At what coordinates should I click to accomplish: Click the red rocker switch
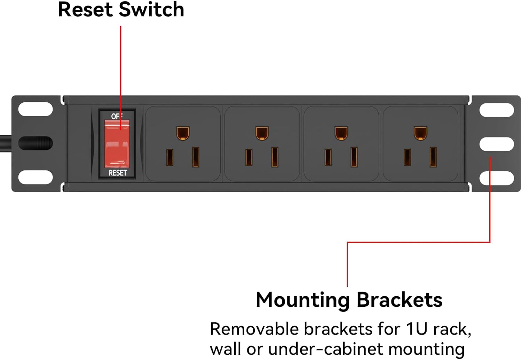[117, 143]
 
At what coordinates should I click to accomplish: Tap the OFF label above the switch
[117, 116]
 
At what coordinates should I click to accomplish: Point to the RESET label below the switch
[118, 173]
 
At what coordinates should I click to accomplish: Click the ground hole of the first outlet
[183, 133]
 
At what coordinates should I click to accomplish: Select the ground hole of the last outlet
[420, 133]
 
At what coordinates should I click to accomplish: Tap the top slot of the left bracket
[35, 109]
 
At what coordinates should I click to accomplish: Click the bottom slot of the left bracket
[35, 177]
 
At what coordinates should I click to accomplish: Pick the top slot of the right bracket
[497, 110]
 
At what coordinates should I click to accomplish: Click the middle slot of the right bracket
[497, 144]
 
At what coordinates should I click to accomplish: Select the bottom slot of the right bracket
[497, 178]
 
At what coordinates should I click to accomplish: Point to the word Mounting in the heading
[302, 300]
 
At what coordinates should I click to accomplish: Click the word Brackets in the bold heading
[399, 300]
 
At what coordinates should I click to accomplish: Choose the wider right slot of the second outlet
[275, 157]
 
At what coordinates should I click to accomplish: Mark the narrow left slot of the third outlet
[328, 157]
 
